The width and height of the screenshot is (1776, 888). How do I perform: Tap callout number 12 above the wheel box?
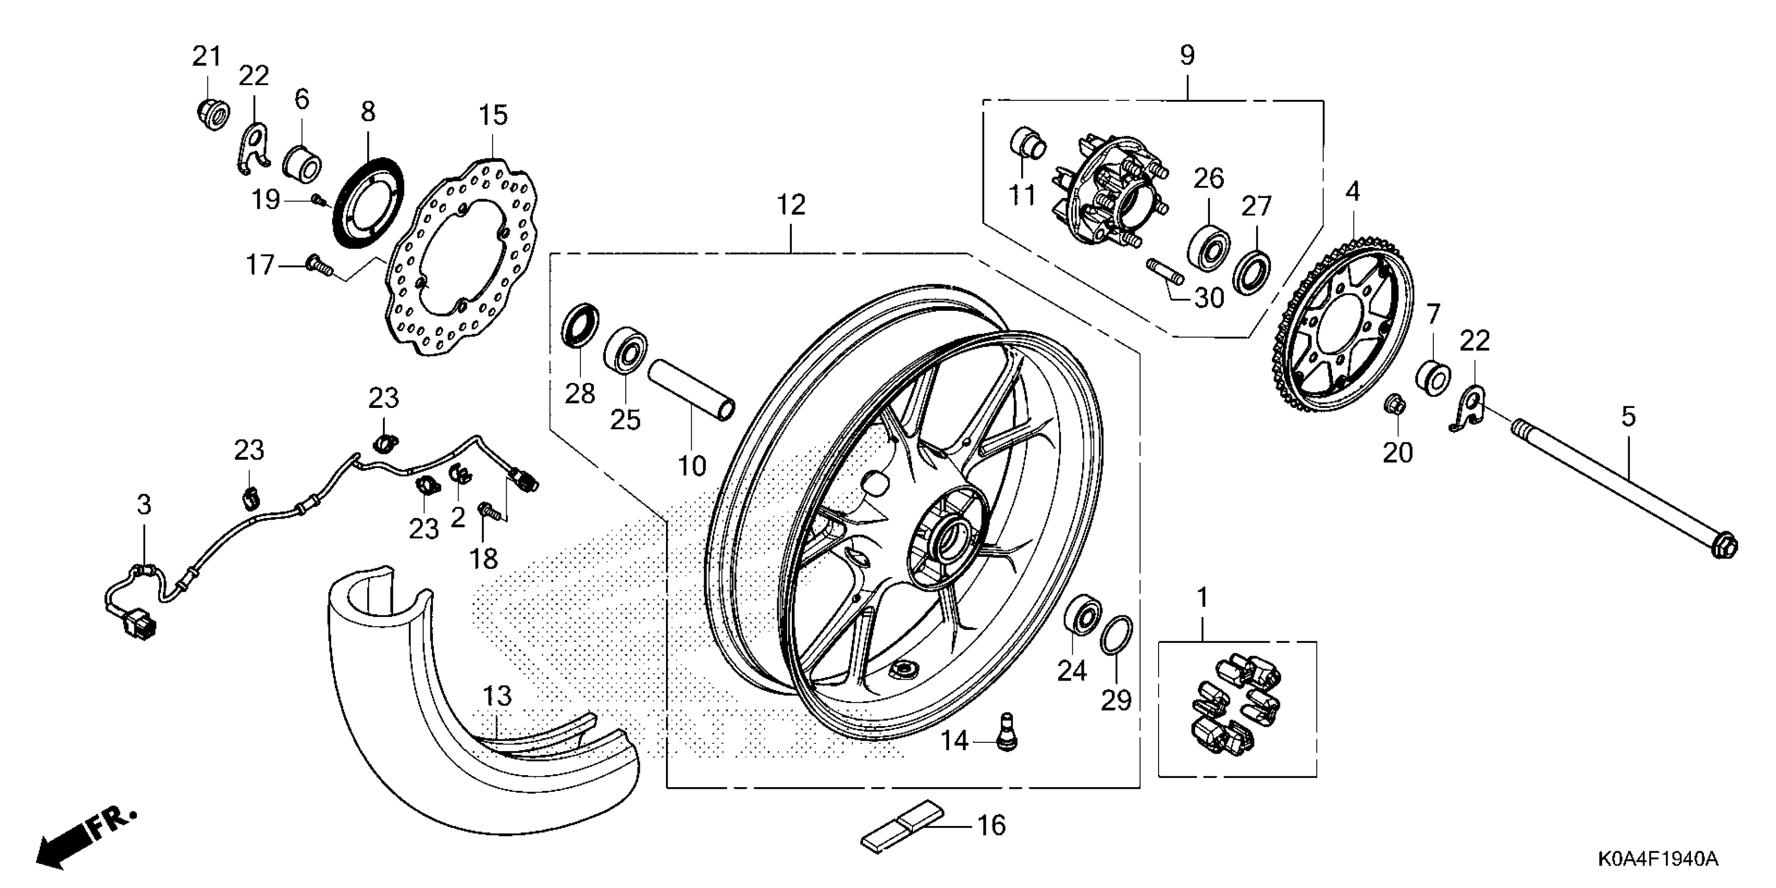pos(791,205)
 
